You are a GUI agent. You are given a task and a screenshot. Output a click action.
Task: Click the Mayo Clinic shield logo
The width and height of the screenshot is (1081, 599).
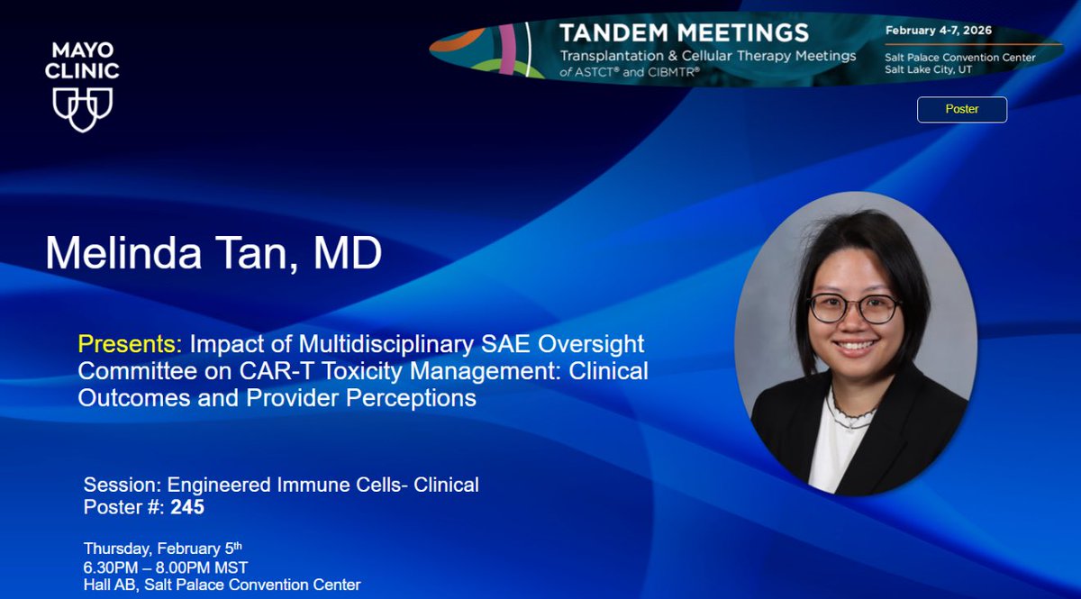[x=82, y=109]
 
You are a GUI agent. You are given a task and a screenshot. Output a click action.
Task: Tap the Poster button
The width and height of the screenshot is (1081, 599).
[x=961, y=109]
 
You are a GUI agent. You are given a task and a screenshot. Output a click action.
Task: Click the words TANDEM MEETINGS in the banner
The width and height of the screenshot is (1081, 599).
[x=684, y=33]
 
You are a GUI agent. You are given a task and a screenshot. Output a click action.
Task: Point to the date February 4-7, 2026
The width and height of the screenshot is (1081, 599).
[x=938, y=31]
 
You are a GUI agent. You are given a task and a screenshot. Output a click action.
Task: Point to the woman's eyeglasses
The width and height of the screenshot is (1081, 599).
[x=853, y=308]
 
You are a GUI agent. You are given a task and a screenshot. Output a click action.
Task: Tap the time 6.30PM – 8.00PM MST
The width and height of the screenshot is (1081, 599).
[x=166, y=567]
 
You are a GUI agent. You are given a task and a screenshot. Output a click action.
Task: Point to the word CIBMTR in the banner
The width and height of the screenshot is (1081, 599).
[x=677, y=72]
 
